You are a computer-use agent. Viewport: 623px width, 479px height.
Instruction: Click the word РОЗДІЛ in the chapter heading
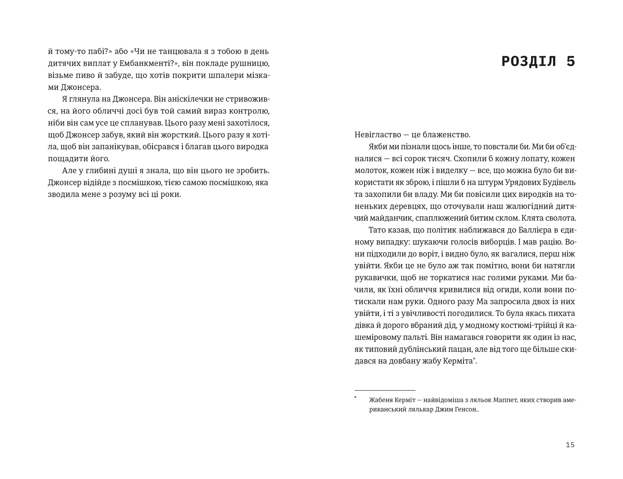point(529,61)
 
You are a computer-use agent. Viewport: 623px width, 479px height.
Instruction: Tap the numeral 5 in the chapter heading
point(570,61)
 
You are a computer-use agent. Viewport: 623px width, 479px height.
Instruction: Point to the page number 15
point(570,445)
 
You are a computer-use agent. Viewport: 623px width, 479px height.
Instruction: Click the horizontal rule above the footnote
point(385,390)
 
